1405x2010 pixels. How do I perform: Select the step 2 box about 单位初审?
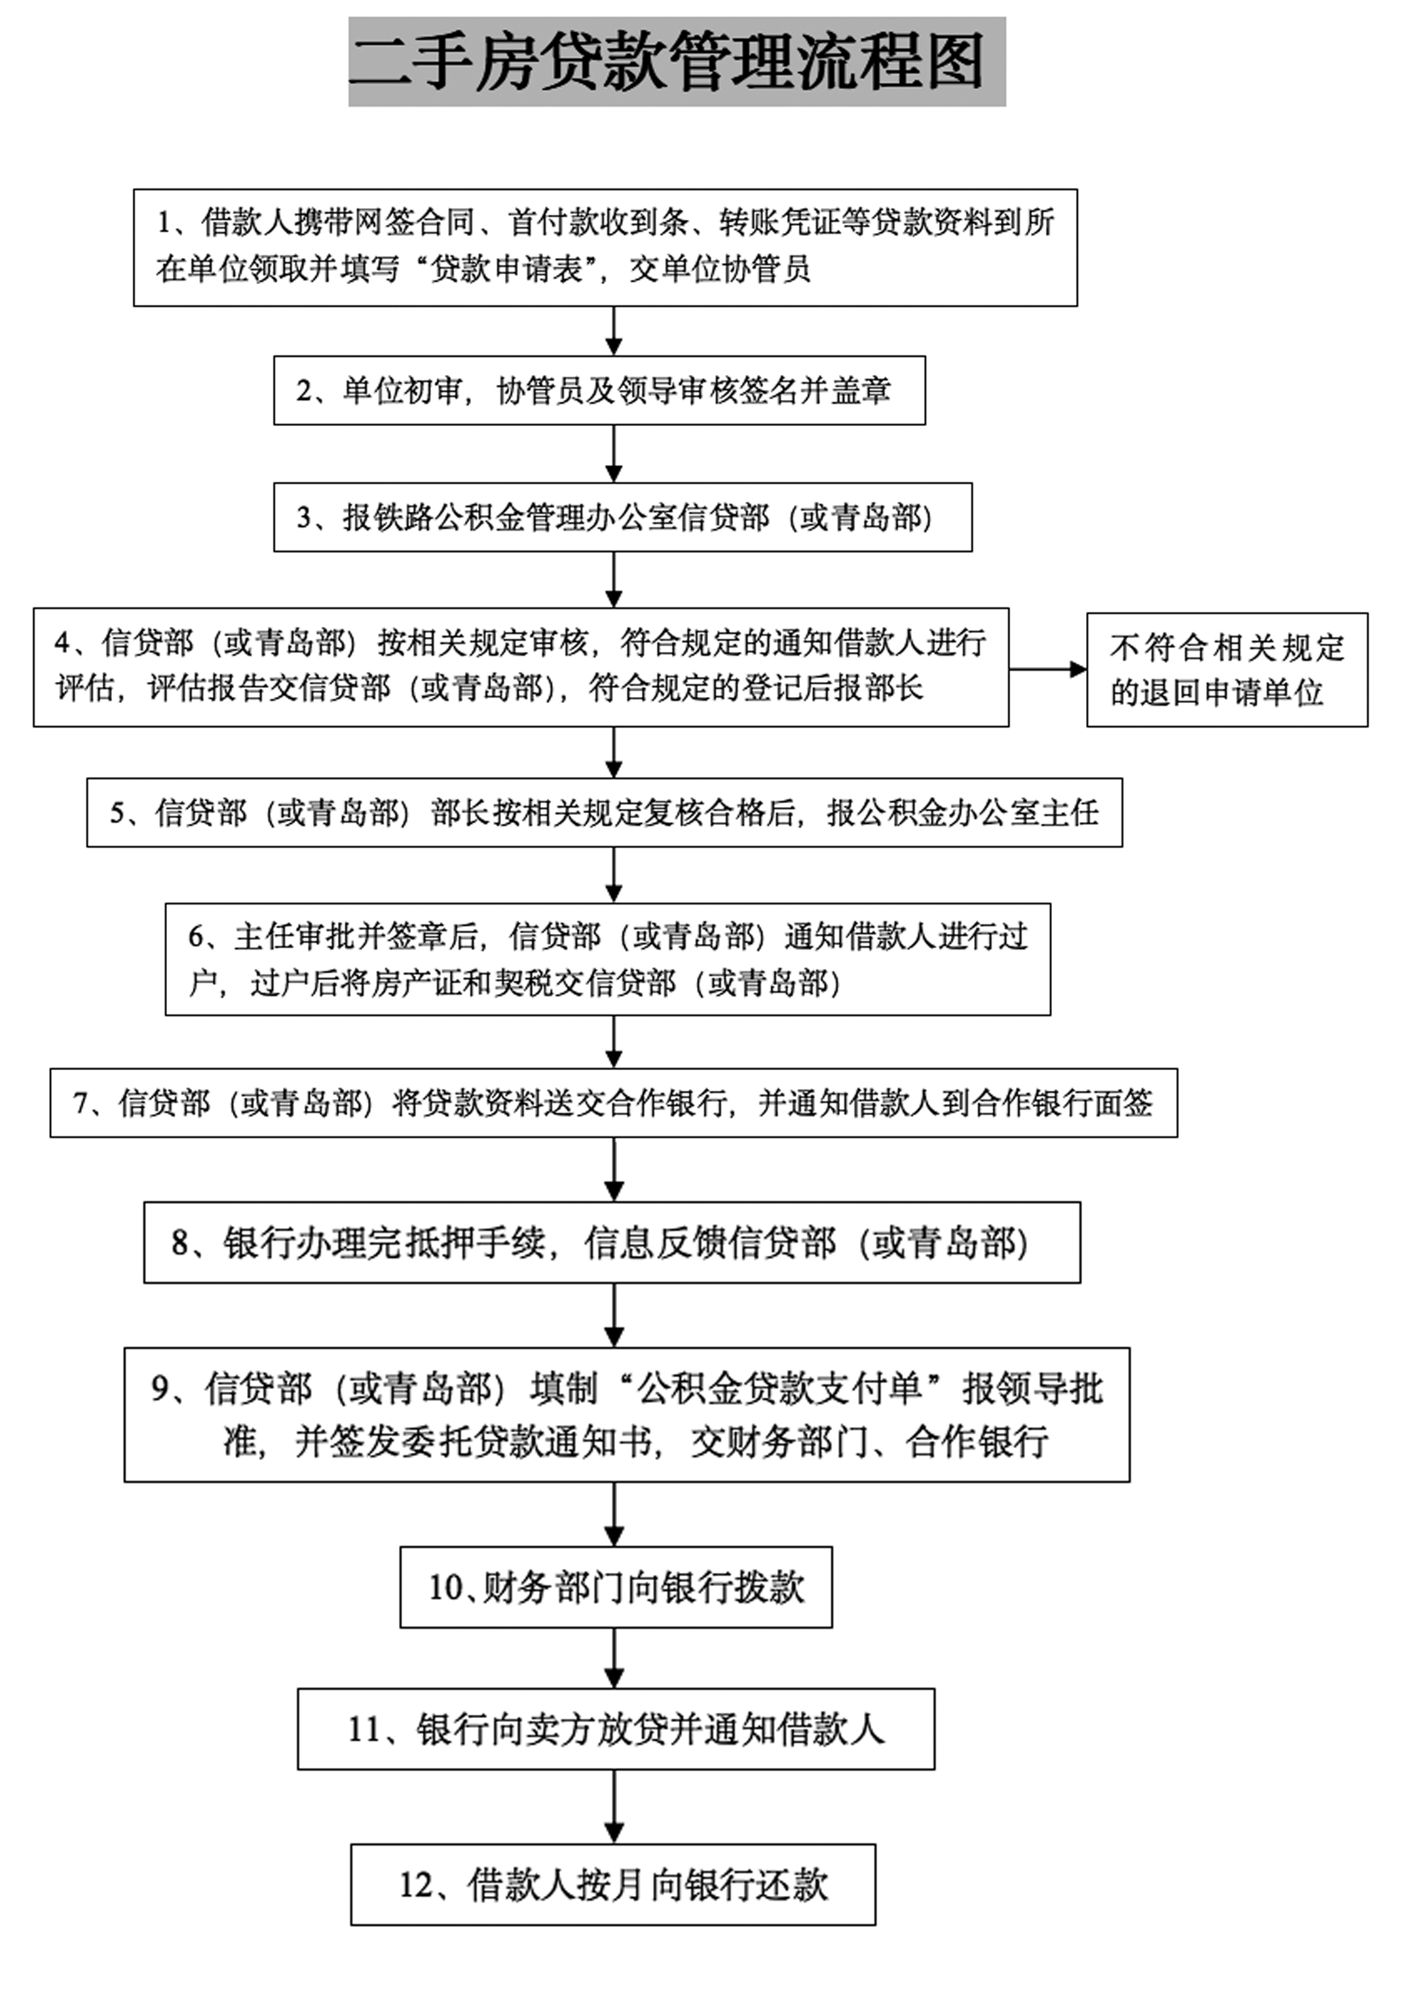point(599,391)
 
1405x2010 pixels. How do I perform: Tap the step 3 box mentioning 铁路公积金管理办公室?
point(623,517)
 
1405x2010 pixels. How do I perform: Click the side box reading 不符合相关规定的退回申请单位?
point(1227,670)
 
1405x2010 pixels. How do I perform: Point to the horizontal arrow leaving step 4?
point(1047,670)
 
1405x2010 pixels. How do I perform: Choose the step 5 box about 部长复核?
point(605,812)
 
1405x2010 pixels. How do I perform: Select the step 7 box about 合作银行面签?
point(613,1103)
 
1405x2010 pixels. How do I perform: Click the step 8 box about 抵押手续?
point(612,1242)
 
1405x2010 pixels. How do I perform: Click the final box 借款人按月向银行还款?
point(613,1885)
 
